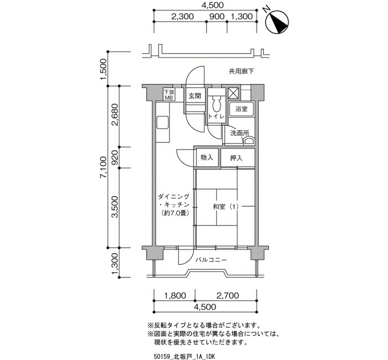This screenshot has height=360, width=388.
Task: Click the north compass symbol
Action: (x=277, y=22)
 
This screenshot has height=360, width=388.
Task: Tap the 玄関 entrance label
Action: (x=195, y=96)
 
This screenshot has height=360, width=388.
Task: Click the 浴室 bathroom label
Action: (x=241, y=109)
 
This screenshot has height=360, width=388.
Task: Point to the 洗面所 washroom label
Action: (x=239, y=133)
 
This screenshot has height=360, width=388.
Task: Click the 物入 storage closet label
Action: (x=207, y=157)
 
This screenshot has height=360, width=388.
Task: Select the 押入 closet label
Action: (x=236, y=158)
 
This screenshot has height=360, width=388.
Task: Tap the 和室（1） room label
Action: (x=226, y=207)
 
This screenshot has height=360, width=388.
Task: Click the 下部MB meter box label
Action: (x=170, y=95)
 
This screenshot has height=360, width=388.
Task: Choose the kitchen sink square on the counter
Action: (x=162, y=122)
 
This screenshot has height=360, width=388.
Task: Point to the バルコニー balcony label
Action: (x=211, y=260)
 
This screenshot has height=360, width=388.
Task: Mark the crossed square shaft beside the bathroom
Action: (x=233, y=94)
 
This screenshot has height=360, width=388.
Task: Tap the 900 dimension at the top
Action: (x=217, y=17)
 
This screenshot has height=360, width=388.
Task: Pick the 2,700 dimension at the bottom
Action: (x=228, y=295)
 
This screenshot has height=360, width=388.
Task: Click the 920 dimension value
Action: (x=115, y=158)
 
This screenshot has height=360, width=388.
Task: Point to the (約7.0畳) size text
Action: (x=175, y=213)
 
